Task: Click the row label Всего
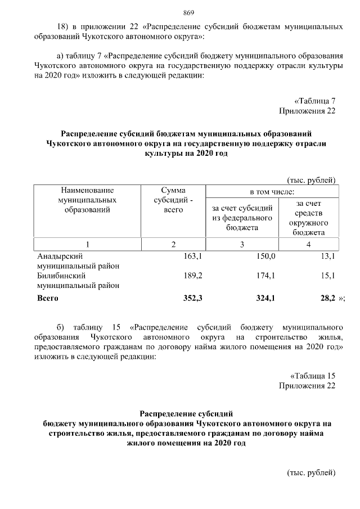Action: point(48,299)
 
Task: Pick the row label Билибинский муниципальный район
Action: point(78,281)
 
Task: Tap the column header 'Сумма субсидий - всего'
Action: point(173,200)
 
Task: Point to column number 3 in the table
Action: point(242,244)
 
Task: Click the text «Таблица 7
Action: point(316,101)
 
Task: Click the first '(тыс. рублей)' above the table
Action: point(312,180)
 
